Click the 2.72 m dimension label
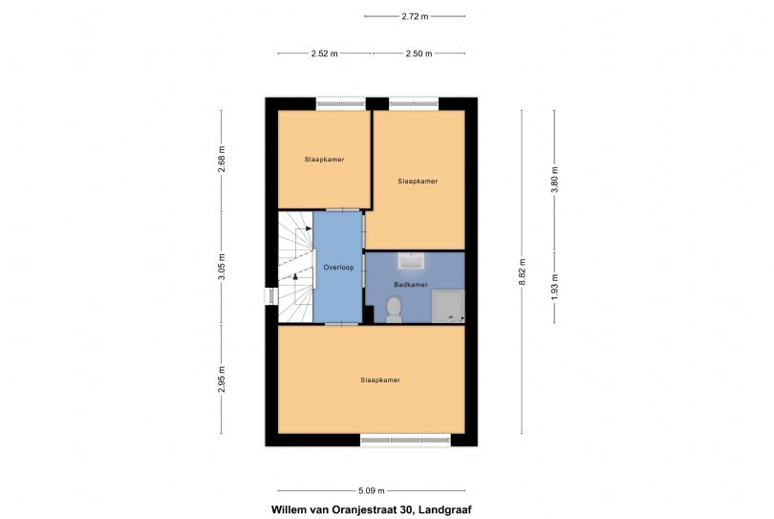pyautogui.click(x=415, y=16)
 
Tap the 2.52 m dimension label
pyautogui.click(x=324, y=54)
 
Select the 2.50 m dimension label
pyautogui.click(x=419, y=54)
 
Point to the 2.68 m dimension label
pyautogui.click(x=222, y=157)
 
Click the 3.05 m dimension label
pyautogui.click(x=222, y=265)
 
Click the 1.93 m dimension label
pyautogui.click(x=554, y=287)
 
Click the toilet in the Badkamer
pyautogui.click(x=393, y=309)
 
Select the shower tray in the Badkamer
pyautogui.click(x=447, y=307)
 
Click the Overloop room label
pyautogui.click(x=338, y=268)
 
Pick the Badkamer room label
pyautogui.click(x=411, y=285)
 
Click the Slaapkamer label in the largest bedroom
pyautogui.click(x=379, y=379)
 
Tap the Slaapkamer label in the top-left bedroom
pyautogui.click(x=324, y=159)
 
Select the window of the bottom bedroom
pyautogui.click(x=404, y=440)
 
